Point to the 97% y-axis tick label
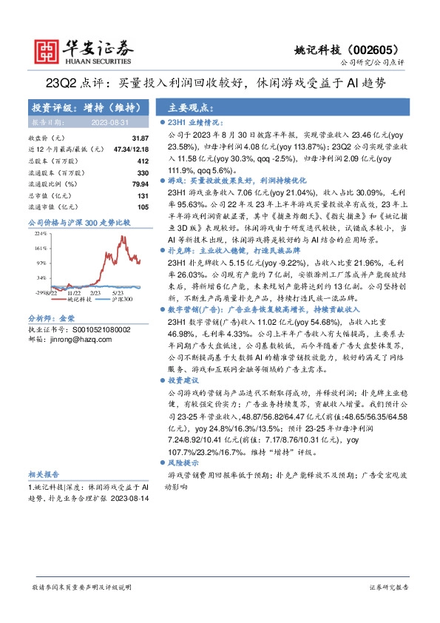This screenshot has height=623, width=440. coord(41,263)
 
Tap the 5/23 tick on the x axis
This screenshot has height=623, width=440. coord(118,294)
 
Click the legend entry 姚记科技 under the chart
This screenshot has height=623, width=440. coord(76,300)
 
